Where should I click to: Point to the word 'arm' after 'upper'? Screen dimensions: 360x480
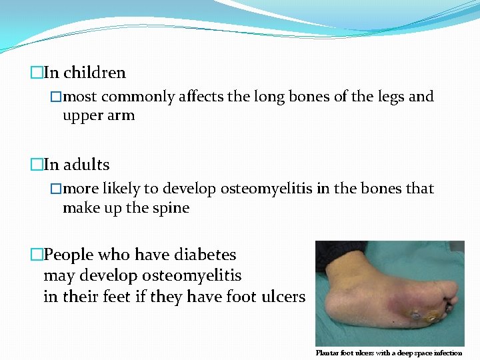click(x=121, y=115)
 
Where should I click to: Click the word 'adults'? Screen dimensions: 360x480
click(x=86, y=164)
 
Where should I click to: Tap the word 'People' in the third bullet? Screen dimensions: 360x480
click(x=69, y=255)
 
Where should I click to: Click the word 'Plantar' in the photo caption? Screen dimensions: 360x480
click(x=328, y=353)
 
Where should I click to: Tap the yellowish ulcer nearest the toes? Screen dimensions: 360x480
click(x=432, y=319)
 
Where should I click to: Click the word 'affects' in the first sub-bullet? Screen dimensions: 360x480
click(x=202, y=97)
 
